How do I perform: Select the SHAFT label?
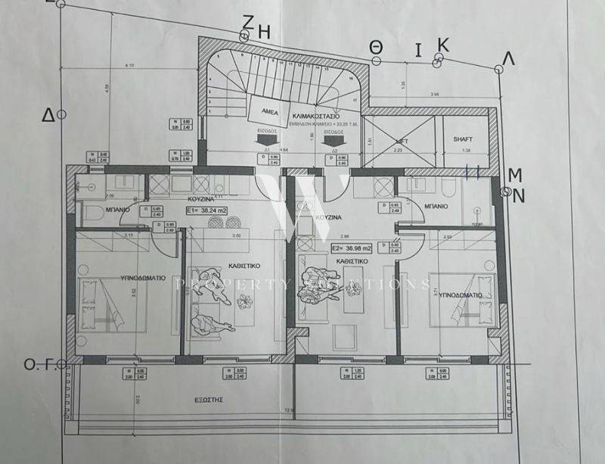click(x=463, y=140)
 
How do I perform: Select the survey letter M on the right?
click(x=515, y=175)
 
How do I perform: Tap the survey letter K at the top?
click(x=443, y=45)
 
